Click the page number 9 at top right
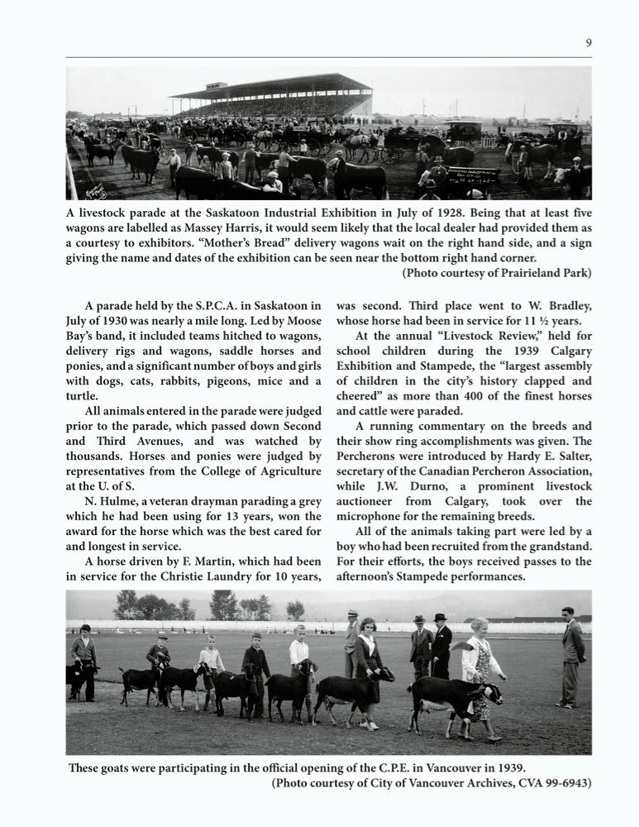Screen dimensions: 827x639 click(x=588, y=43)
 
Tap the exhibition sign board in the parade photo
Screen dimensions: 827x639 click(x=474, y=176)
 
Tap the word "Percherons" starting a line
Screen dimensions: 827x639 click(x=370, y=456)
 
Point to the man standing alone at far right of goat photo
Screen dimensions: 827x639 click(x=570, y=657)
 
